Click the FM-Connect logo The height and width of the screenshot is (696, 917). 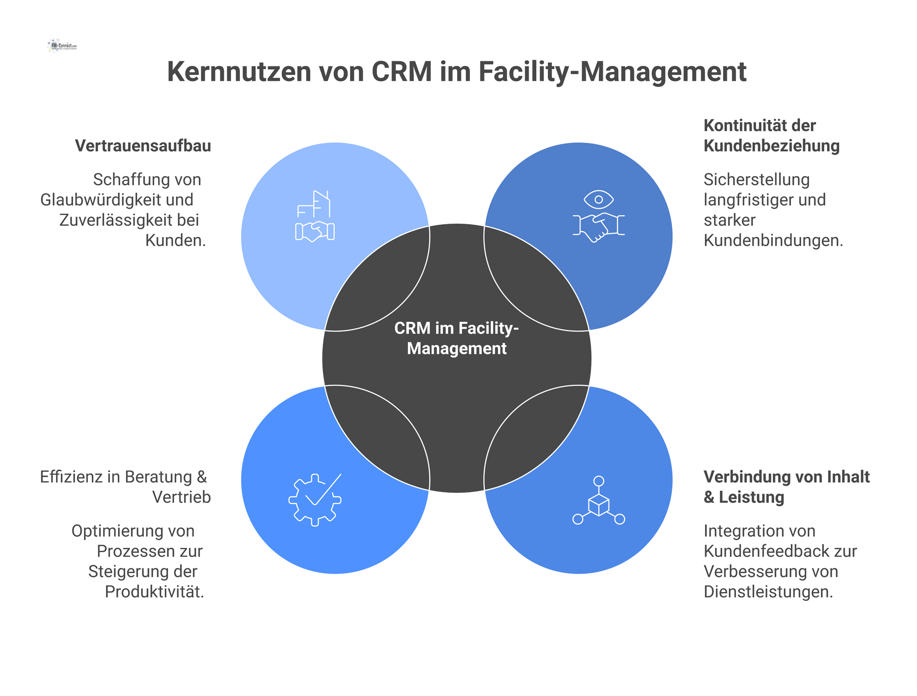click(x=63, y=46)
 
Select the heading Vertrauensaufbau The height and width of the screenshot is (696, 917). click(x=143, y=146)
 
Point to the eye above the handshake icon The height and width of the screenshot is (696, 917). click(x=598, y=199)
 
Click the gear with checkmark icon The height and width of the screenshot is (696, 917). click(x=315, y=500)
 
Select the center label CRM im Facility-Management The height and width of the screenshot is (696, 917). click(x=457, y=338)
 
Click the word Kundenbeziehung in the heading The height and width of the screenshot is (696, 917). click(x=771, y=146)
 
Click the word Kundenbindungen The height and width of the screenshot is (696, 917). click(x=773, y=240)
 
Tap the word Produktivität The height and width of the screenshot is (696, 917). click(x=154, y=592)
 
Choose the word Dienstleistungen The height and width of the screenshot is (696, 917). click(x=768, y=592)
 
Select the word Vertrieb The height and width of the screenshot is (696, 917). click(x=181, y=497)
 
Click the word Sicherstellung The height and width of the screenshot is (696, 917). click(x=757, y=180)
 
